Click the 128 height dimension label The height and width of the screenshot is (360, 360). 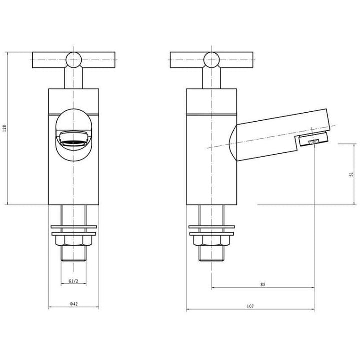coord(5,128)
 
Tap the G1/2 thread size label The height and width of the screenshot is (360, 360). coord(73,281)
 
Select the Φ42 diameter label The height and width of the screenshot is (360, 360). coord(74,304)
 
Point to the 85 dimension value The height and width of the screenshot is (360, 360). coord(263,284)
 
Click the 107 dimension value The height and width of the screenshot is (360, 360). coord(250,306)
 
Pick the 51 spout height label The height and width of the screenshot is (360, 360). coord(351,174)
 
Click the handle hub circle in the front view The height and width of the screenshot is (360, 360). coord(74,60)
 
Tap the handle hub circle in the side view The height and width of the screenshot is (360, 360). coord(211,60)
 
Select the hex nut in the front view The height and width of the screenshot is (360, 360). coord(74,240)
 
